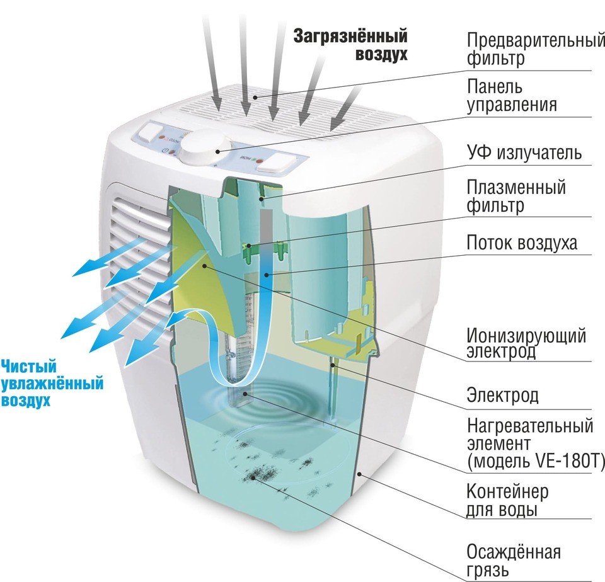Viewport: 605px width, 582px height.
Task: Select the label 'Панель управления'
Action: point(512,95)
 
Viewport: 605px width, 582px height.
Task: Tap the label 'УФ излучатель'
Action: point(524,153)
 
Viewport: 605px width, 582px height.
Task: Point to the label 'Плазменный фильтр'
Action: point(516,195)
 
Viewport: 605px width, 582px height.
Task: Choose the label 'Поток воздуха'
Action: point(521,243)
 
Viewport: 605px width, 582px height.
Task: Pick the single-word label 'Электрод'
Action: point(502,396)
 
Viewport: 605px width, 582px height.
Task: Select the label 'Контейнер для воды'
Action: point(507,499)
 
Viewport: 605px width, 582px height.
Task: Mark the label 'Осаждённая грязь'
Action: point(513,561)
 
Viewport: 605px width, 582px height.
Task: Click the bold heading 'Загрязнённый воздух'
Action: point(350,45)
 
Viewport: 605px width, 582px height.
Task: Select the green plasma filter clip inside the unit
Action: point(251,248)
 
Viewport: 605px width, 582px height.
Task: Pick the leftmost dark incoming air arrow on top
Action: point(211,60)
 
